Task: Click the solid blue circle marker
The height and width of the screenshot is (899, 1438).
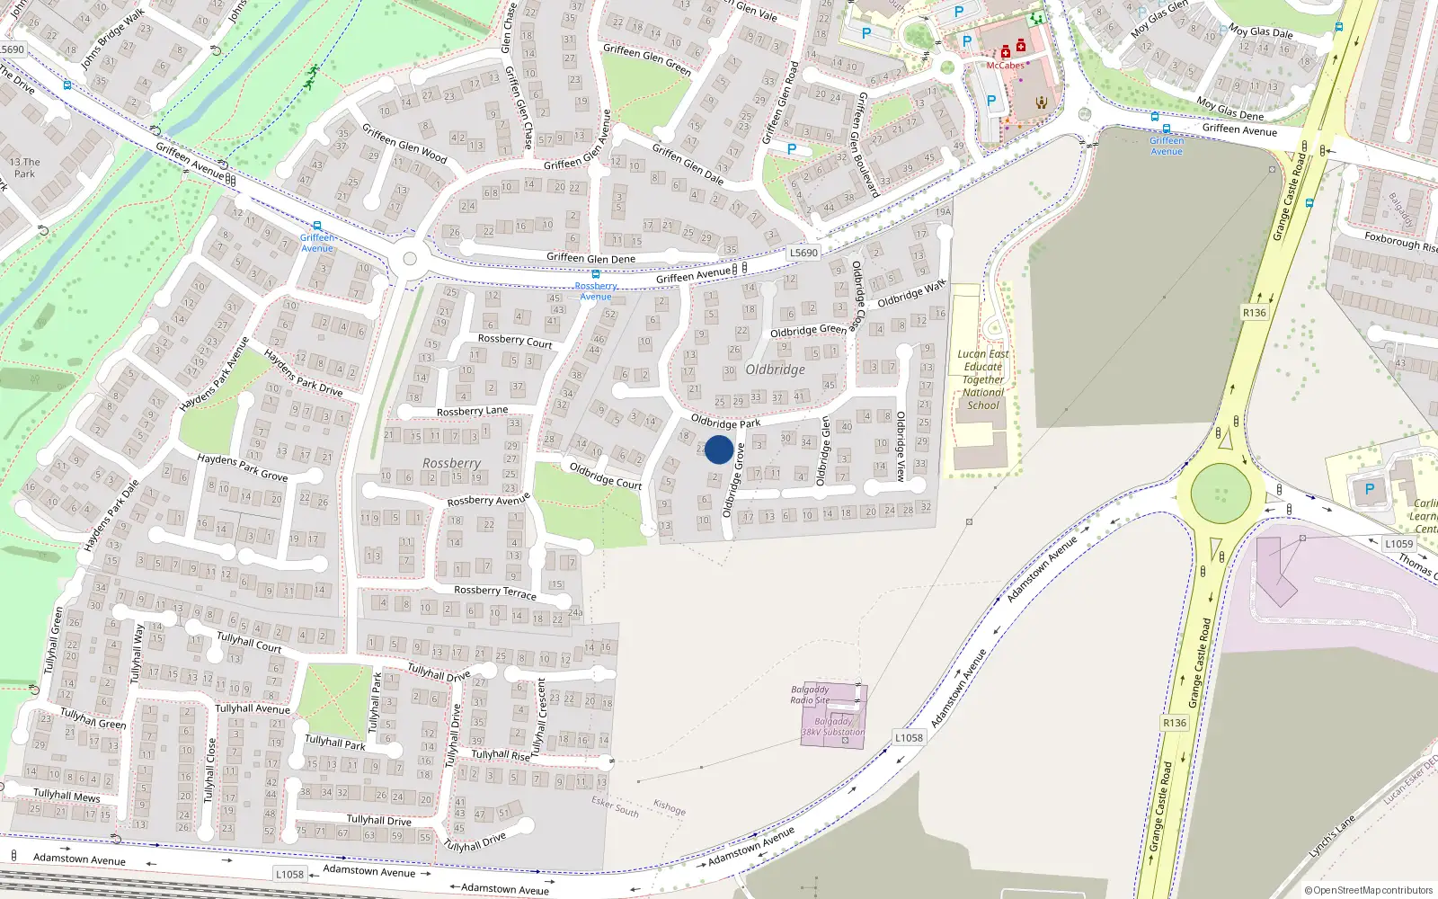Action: tap(718, 449)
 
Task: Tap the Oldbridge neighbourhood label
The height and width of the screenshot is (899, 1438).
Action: tap(775, 369)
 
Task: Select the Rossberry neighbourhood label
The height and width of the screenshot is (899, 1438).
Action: tap(451, 463)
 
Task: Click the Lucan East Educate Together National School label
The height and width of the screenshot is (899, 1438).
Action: tap(983, 379)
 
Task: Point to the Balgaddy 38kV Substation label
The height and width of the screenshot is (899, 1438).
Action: tap(833, 726)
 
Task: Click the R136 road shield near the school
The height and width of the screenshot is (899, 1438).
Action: tap(1254, 313)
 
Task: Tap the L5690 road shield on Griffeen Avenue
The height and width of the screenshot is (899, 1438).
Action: tap(803, 253)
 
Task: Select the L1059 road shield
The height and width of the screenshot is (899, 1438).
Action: tap(1398, 544)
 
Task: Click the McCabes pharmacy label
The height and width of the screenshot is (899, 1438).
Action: tap(1005, 66)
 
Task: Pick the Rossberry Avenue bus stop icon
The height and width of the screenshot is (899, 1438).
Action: tap(595, 274)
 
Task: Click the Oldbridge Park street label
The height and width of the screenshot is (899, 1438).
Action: tap(725, 422)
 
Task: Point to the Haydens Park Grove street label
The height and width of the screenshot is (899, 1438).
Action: tap(243, 467)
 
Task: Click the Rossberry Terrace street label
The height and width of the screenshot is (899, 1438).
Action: tap(495, 592)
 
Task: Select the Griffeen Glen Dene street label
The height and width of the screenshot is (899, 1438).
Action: tap(590, 258)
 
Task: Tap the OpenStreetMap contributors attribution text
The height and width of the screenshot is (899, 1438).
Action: tap(1368, 890)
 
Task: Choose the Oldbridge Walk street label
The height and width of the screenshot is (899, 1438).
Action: tap(912, 293)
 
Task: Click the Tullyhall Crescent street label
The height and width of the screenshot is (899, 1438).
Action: tap(541, 717)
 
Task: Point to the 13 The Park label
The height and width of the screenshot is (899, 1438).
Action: tap(24, 168)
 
